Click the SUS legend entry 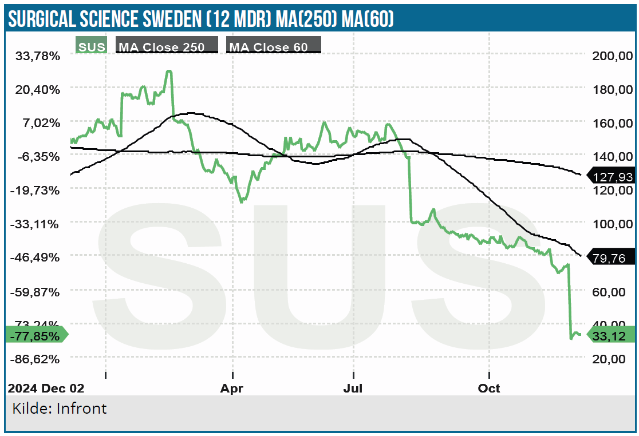(91, 47)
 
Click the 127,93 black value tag (614, 177)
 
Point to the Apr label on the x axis (232, 389)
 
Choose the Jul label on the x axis (353, 389)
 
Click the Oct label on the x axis (489, 389)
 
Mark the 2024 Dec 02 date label (46, 389)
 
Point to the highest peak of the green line (169, 71)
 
